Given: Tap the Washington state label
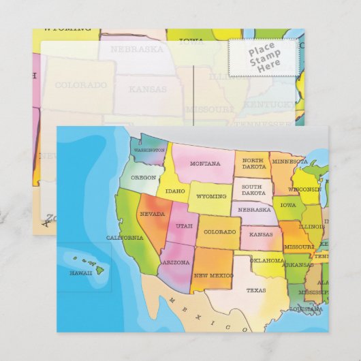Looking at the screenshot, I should click(149, 150).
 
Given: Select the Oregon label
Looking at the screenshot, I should click(144, 177).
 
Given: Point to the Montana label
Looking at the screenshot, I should click(205, 163).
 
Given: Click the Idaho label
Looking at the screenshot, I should click(176, 191).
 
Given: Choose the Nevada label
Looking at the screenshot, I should click(152, 214).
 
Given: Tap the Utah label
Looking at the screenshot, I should click(184, 225).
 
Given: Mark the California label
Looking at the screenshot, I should click(125, 238).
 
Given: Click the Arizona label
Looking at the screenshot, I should click(176, 262).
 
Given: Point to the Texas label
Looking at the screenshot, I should click(256, 290).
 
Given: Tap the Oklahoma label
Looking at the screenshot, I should click(267, 260).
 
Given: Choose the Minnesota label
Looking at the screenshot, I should click(289, 163).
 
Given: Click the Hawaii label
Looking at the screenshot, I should click(80, 272).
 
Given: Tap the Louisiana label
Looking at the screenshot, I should click(306, 309).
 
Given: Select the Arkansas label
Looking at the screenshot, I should click(298, 264).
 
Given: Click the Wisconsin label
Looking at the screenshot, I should click(304, 189).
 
